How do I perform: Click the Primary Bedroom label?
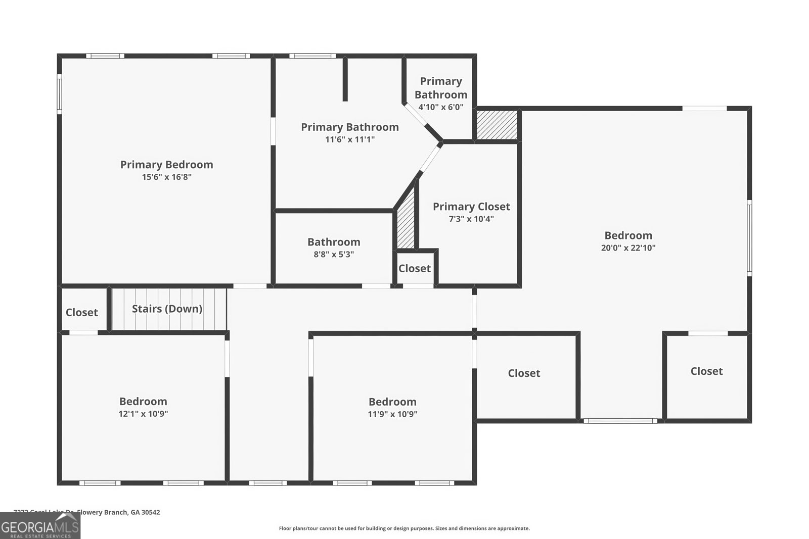tap(166, 164)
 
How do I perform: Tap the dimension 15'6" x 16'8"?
tap(166, 177)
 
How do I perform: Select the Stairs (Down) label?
tap(167, 309)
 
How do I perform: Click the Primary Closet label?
tap(471, 206)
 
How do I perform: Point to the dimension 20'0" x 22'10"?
tap(628, 248)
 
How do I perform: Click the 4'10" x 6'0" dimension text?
tap(440, 107)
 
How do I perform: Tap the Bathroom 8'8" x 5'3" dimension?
tap(334, 255)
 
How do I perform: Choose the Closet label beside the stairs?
tap(81, 312)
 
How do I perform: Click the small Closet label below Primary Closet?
tap(415, 268)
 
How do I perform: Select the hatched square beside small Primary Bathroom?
tap(497, 125)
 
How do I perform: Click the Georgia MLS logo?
tap(40, 526)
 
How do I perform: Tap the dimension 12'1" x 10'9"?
tap(143, 414)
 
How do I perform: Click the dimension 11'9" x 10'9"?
tap(392, 414)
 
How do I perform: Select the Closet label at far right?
tap(706, 371)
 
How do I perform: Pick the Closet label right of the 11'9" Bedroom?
tap(524, 373)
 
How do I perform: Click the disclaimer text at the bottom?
tap(404, 528)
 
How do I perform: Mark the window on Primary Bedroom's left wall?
tap(59, 94)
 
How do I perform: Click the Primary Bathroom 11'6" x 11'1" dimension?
tap(350, 139)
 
